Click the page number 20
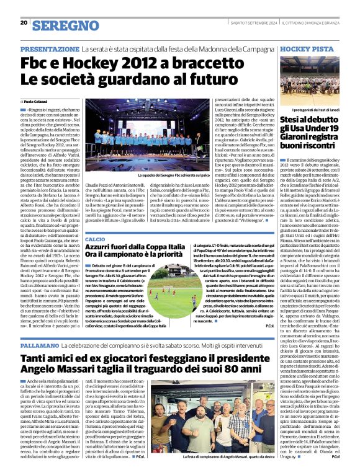tap(24, 22)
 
